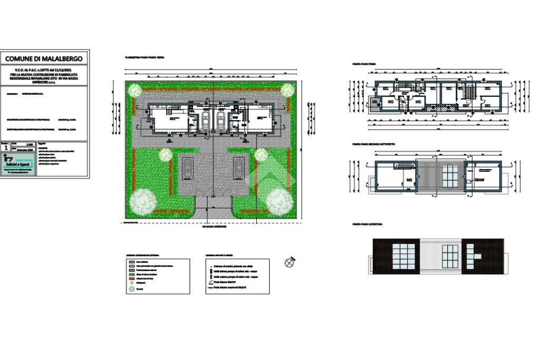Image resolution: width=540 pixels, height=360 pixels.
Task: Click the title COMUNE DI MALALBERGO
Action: pos(45,59)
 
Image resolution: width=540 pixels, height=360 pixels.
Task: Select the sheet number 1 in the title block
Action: pos(5,149)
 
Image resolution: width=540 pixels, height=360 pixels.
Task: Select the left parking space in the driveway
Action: pos(187,168)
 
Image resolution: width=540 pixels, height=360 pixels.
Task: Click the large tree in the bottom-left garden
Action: pos(142,200)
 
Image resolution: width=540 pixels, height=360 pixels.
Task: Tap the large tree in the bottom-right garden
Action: pos(279,200)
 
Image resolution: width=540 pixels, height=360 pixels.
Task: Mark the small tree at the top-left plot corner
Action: pos(134,90)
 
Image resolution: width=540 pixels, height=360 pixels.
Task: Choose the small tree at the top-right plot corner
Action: pos(287,90)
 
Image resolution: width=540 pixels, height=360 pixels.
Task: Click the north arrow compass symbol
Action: pos(290,262)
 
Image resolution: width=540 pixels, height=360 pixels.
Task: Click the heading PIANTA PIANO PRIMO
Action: pos(364,64)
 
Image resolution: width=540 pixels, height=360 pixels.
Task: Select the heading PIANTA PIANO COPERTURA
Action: pos(368,224)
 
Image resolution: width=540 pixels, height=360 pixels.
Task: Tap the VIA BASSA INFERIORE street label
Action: pos(214,227)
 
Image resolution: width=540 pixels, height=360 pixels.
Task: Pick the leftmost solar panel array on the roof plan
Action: pos(404,255)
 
